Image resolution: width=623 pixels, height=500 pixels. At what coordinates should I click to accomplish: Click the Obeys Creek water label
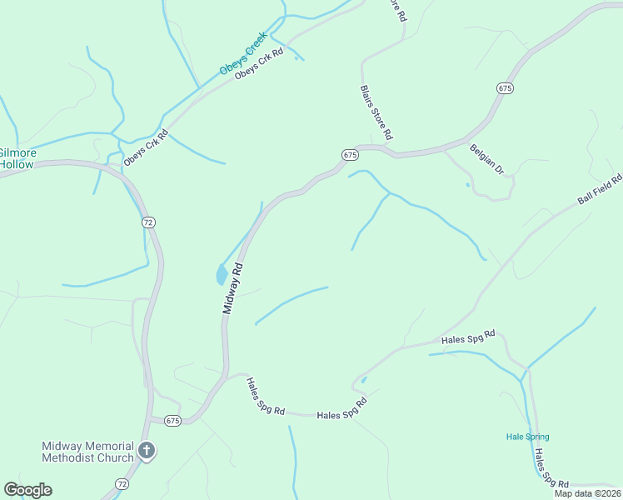pos(242,53)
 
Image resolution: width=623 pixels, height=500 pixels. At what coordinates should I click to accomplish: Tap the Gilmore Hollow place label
pos(17,158)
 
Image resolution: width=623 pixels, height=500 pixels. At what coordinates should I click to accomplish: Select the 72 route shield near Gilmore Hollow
pos(147,222)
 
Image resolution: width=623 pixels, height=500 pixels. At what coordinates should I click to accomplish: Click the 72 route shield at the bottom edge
pos(122,483)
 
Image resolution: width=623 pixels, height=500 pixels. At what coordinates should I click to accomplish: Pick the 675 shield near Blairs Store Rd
pos(350,155)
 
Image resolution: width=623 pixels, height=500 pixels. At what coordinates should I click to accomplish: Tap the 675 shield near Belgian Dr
pos(505,87)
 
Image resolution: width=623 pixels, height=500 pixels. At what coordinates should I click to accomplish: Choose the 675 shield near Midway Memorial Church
pos(172,420)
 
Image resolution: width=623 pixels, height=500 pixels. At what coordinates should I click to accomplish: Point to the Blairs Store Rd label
pos(376,112)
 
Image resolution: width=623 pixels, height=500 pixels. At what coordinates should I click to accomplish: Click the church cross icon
pos(147,452)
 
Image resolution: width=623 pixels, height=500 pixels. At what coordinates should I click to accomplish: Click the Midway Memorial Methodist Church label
pos(87,452)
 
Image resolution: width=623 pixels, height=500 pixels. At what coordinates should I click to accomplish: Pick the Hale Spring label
pos(528,437)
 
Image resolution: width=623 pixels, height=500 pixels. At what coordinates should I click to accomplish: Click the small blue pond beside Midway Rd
pos(222,274)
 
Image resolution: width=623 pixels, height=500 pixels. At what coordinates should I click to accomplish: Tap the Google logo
pos(27,490)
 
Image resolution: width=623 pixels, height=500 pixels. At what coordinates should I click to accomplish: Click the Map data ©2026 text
pos(587,493)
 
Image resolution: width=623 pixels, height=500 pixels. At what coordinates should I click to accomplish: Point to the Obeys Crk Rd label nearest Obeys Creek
pos(259,63)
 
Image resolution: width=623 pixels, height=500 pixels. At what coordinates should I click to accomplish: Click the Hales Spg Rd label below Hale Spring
pos(551,470)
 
